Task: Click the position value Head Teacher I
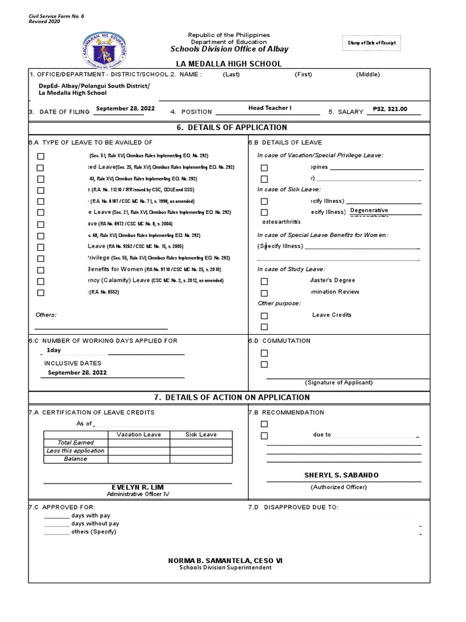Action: [x=270, y=108]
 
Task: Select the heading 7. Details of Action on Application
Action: [x=232, y=397]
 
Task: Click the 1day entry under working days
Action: [x=54, y=350]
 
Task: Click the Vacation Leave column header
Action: [x=139, y=434]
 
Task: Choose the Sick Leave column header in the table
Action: [x=201, y=434]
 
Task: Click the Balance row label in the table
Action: [x=75, y=459]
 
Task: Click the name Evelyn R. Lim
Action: [x=137, y=488]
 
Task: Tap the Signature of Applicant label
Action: [x=339, y=383]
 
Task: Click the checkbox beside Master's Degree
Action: [x=264, y=281]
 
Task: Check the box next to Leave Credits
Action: [x=264, y=315]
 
